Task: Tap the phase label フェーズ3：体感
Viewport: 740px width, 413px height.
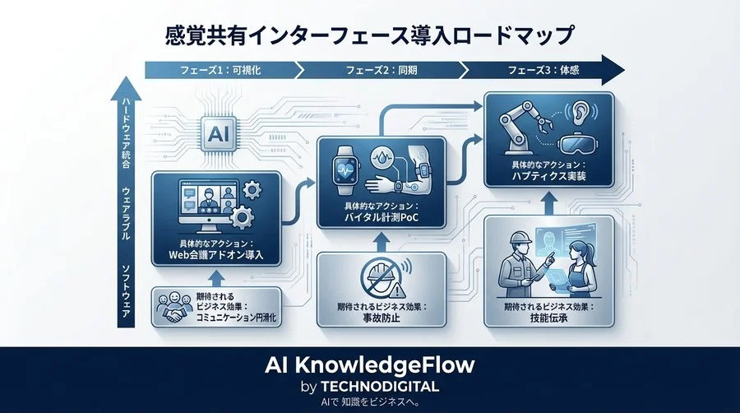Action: click(551, 69)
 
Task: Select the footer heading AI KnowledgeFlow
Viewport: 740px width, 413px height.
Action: click(369, 364)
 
